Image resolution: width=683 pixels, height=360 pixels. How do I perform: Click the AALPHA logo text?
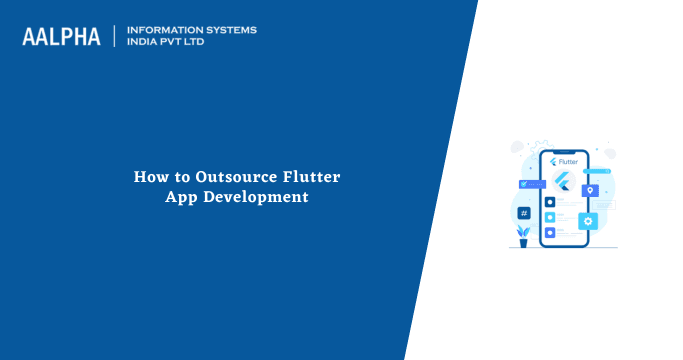tap(61, 37)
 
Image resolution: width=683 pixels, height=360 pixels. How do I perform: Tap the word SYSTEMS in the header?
tap(231, 30)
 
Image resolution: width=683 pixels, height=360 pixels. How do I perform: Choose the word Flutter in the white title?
tap(312, 177)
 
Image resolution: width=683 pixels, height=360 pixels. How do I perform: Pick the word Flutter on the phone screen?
tap(568, 160)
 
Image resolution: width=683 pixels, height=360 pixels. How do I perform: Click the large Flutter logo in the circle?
tap(562, 182)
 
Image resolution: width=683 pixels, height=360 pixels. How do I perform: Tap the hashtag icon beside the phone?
tap(523, 213)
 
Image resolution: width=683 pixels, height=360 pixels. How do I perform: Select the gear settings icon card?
tap(588, 221)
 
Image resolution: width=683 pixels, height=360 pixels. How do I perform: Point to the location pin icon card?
tap(591, 190)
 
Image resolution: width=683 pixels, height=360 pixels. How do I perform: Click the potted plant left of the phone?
tap(523, 235)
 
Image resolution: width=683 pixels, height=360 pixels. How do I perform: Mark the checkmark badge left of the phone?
tap(522, 185)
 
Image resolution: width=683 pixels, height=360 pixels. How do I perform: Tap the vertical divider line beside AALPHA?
tap(116, 36)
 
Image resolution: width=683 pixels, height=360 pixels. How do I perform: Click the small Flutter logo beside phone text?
tap(551, 160)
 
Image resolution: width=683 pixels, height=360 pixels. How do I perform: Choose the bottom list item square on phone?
tap(550, 232)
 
